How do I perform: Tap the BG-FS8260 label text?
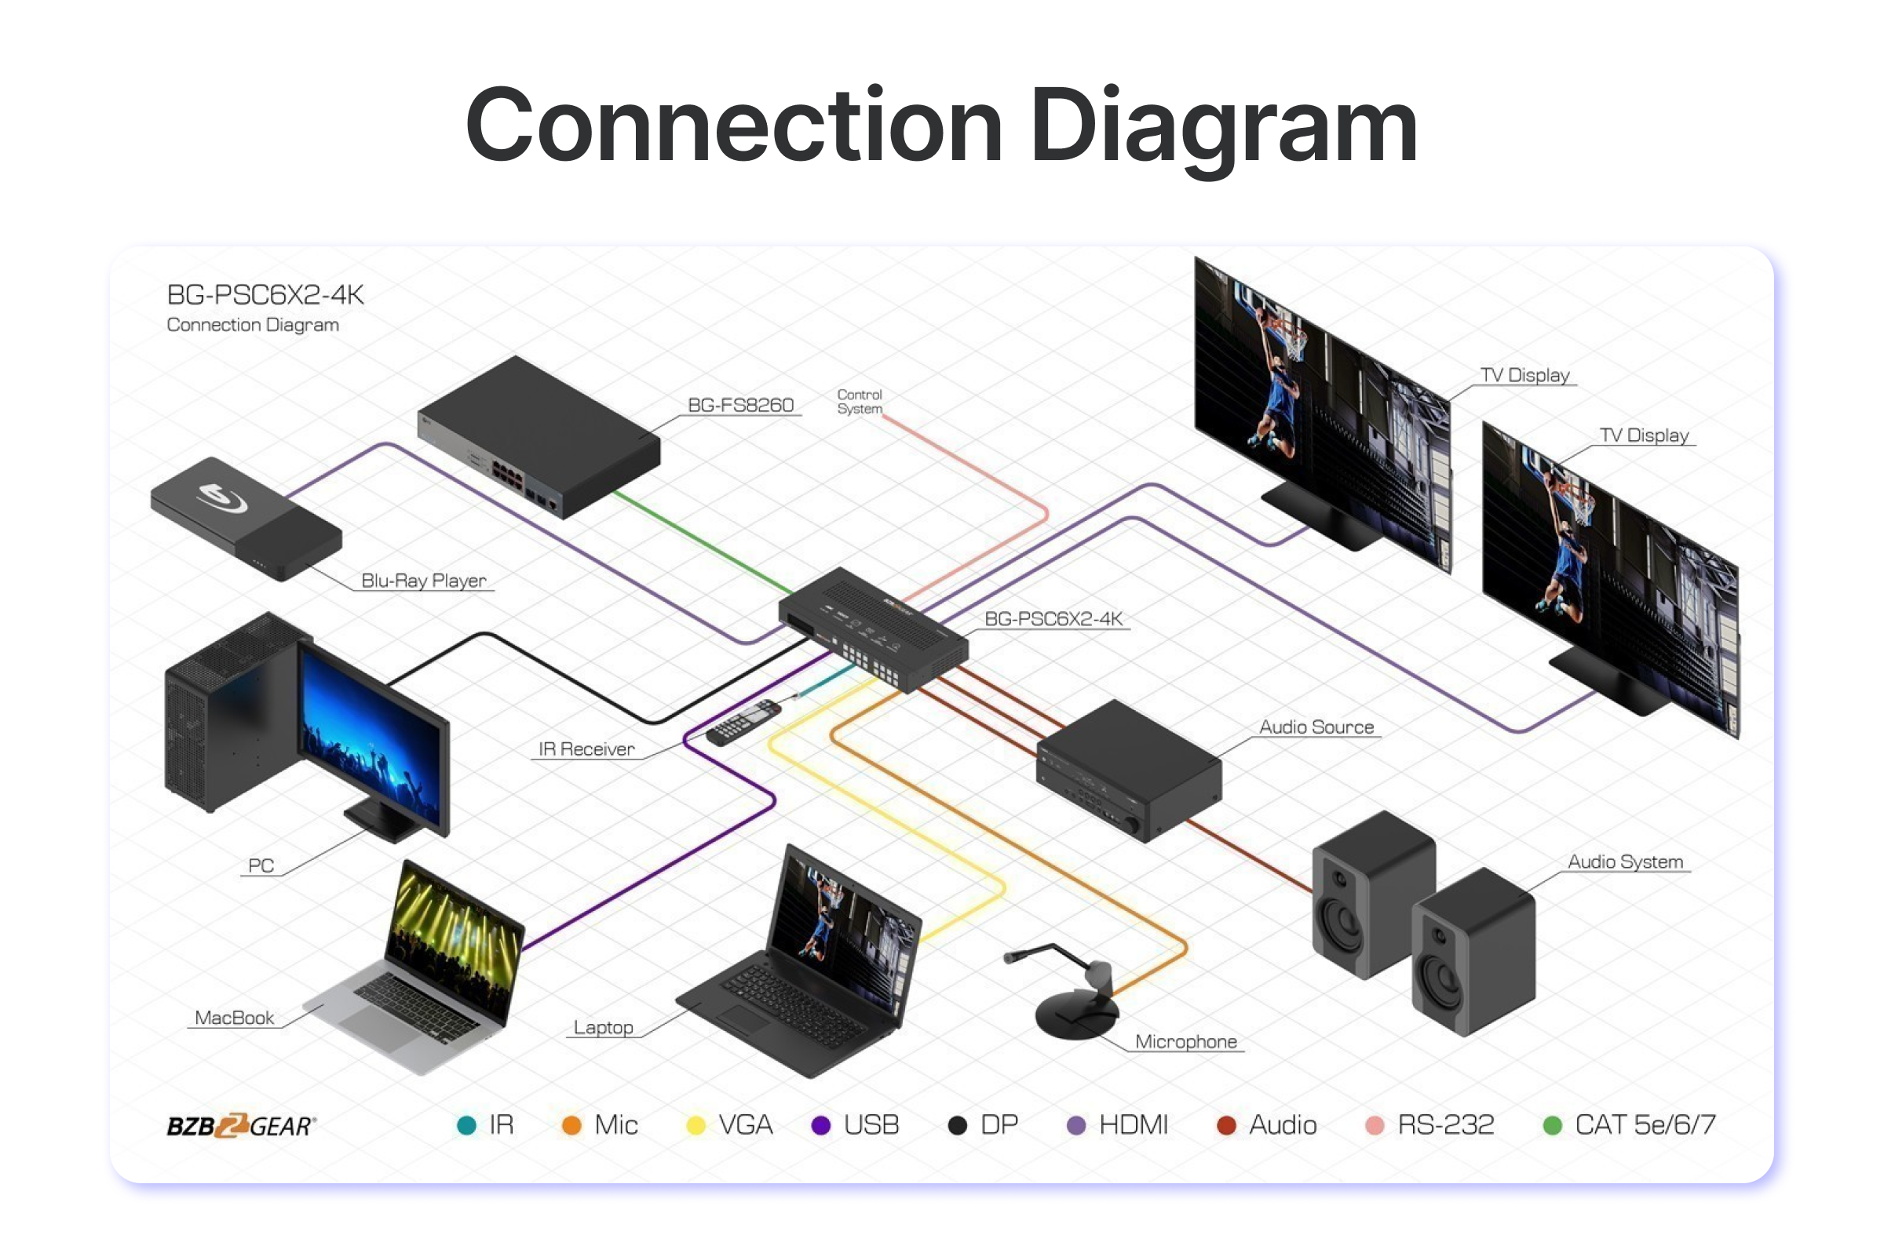pos(740,406)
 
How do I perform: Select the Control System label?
pos(860,401)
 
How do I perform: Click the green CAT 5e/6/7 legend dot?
pos(1552,1125)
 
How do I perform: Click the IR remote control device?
pos(743,723)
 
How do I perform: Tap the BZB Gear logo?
pos(241,1125)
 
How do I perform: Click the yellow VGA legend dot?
pos(696,1125)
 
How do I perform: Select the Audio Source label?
pos(1316,727)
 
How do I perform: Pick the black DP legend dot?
pos(958,1125)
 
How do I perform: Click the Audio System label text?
pos(1625,862)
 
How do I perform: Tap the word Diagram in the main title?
pos(1223,127)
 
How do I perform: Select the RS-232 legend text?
pos(1445,1125)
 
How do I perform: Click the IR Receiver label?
pos(586,749)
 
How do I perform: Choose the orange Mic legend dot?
pos(571,1125)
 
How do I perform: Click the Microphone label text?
pos(1185,1042)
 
